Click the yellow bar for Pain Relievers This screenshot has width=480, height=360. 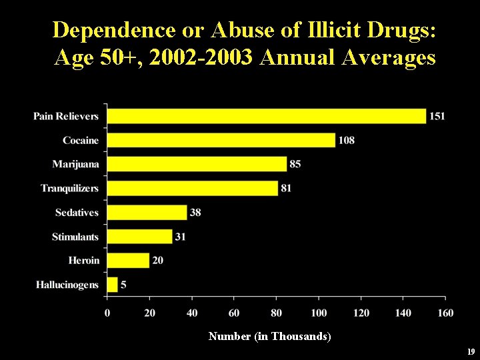(x=266, y=116)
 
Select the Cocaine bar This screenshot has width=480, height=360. (x=221, y=140)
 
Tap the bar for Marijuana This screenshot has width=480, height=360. (x=197, y=164)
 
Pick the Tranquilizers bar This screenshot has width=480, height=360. (x=192, y=188)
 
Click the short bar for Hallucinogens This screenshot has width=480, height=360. (x=112, y=285)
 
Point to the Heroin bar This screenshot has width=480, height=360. (x=128, y=261)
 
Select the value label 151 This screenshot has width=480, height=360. (x=437, y=116)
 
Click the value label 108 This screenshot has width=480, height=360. (x=347, y=140)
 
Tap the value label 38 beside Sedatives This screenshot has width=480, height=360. (x=195, y=213)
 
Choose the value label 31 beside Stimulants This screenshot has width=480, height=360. (x=180, y=237)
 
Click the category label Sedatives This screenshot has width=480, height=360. (x=77, y=213)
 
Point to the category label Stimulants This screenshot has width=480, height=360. (x=75, y=237)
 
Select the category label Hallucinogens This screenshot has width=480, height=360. (x=67, y=285)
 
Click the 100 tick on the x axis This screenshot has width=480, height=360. (x=319, y=313)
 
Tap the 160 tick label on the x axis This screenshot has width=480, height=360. (x=445, y=313)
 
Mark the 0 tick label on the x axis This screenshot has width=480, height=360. (x=107, y=313)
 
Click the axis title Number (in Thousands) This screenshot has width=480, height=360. (x=269, y=337)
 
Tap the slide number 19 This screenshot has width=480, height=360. (x=471, y=351)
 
